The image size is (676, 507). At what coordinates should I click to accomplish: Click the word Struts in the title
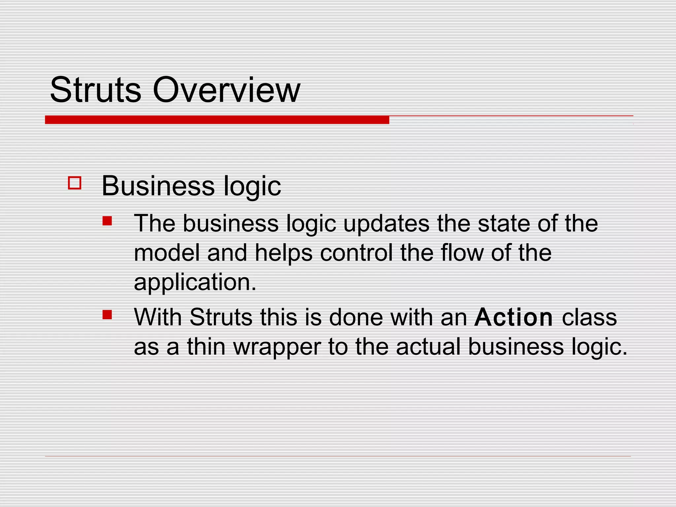click(x=95, y=90)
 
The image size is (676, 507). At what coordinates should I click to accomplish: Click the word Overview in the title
click(x=226, y=90)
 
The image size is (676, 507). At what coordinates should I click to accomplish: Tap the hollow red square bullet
click(x=75, y=183)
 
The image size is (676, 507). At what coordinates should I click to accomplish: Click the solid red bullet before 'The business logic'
click(x=107, y=221)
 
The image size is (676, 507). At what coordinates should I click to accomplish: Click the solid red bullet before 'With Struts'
click(x=107, y=315)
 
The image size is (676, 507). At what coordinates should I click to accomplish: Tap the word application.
click(x=195, y=283)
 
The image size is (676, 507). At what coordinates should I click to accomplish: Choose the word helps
click(x=284, y=253)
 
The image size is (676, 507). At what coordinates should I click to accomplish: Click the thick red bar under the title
click(x=217, y=120)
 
